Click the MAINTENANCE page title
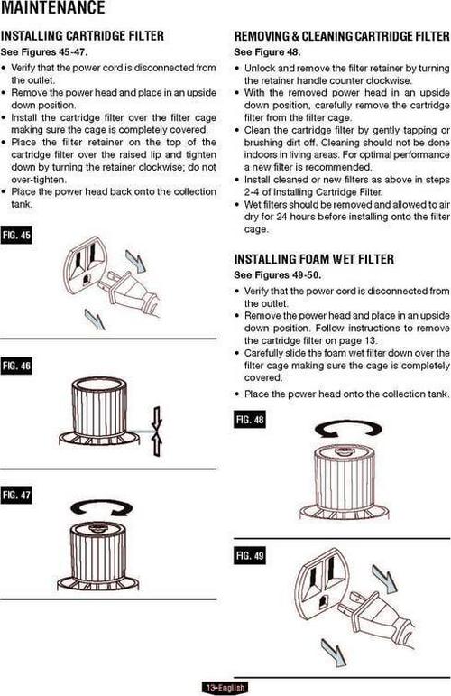[53, 7]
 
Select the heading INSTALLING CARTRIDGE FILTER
[82, 35]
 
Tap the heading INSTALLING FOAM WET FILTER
[314, 259]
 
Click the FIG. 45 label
[16, 236]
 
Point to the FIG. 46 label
[16, 366]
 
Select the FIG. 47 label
[16, 495]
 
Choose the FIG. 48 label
[250, 420]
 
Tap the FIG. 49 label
[250, 556]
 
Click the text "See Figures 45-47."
[44, 52]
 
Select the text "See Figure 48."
[267, 52]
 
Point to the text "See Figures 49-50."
[278, 275]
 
